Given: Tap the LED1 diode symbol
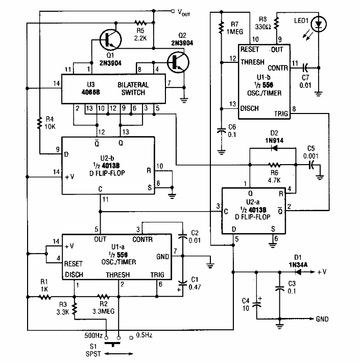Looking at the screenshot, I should point(320,24).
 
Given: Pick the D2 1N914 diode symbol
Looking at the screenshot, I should point(273,149).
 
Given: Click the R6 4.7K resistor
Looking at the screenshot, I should point(274,165).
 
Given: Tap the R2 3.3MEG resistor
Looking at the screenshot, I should point(104,296).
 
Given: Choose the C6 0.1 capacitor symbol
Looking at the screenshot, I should point(221,130).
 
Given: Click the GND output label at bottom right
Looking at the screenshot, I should point(323,319).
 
